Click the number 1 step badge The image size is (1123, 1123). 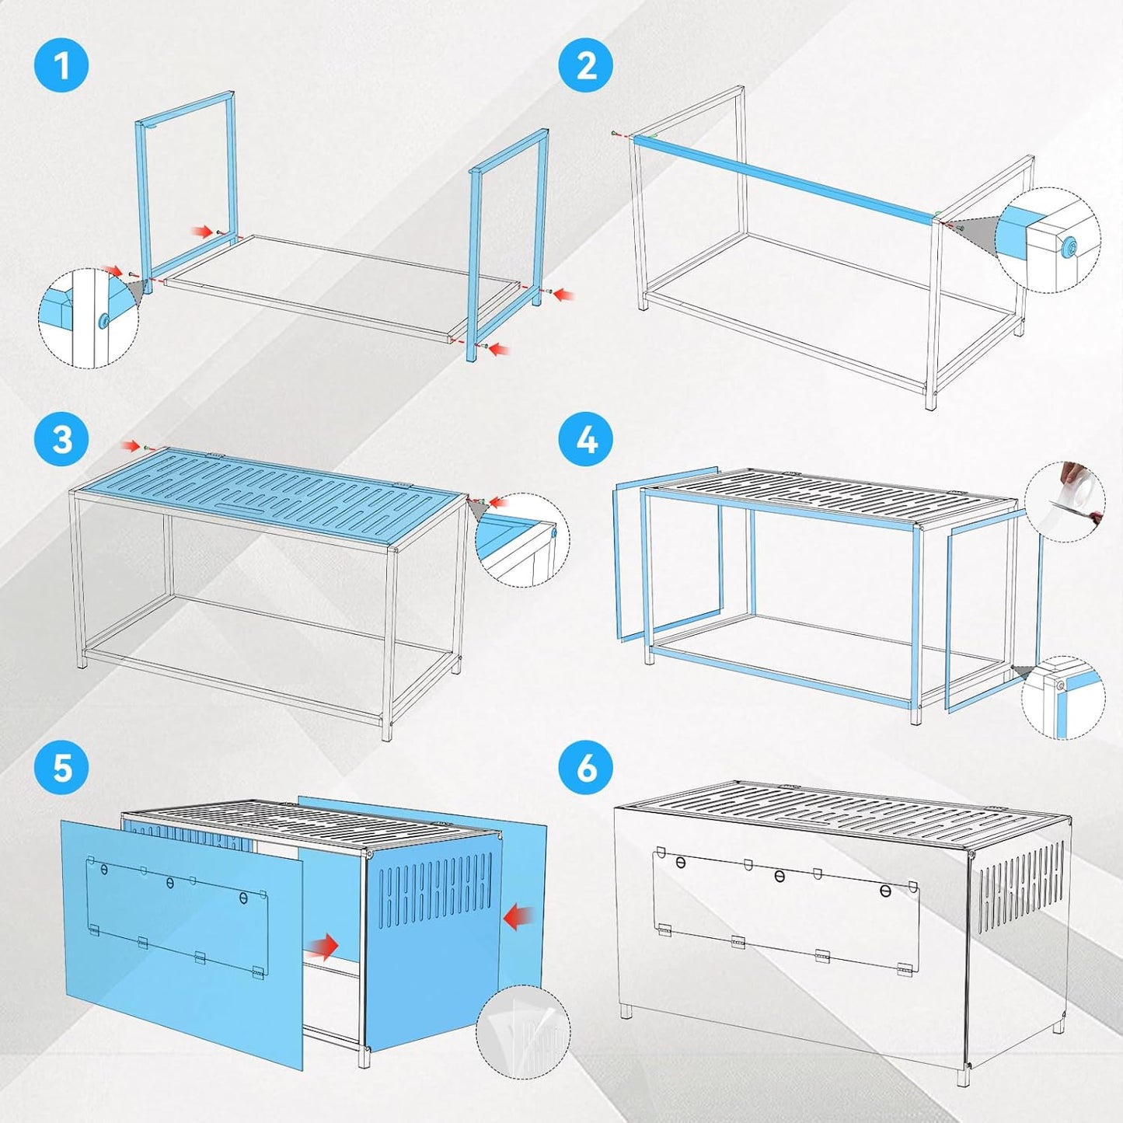pyautogui.click(x=61, y=65)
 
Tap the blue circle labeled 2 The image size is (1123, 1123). pyautogui.click(x=587, y=65)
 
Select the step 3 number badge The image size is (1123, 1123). pyautogui.click(x=61, y=440)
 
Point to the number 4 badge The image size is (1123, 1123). pyautogui.click(x=587, y=440)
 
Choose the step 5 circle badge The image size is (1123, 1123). pyautogui.click(x=61, y=769)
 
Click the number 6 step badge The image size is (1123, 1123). pyautogui.click(x=587, y=769)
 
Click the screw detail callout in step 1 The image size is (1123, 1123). pyautogui.click(x=88, y=318)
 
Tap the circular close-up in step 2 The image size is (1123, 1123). pyautogui.click(x=1048, y=240)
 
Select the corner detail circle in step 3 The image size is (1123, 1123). pyautogui.click(x=522, y=539)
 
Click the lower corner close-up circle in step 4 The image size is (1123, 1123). pyautogui.click(x=1062, y=697)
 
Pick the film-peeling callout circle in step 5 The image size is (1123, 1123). pyautogui.click(x=522, y=1031)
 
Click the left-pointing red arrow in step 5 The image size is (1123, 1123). pyautogui.click(x=518, y=919)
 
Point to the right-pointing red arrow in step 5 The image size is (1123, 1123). pyautogui.click(x=322, y=946)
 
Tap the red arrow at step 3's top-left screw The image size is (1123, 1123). pyautogui.click(x=129, y=446)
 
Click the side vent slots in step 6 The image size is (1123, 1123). pyautogui.click(x=1020, y=886)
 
